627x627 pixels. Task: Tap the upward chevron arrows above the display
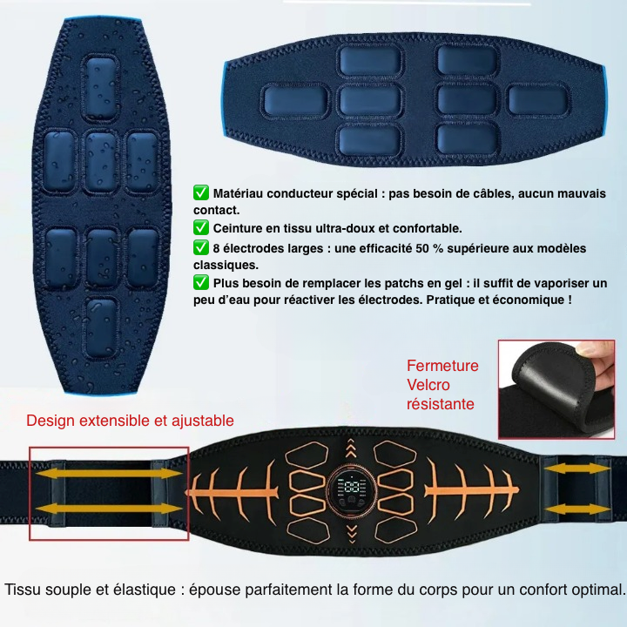pyautogui.click(x=351, y=448)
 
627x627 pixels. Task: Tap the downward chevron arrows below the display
pyautogui.click(x=352, y=534)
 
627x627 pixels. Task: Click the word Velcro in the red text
pyautogui.click(x=428, y=385)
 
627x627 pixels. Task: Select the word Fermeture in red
pyautogui.click(x=442, y=366)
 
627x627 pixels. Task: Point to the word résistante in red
pyautogui.click(x=441, y=404)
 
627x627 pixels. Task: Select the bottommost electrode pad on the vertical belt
pyautogui.click(x=101, y=327)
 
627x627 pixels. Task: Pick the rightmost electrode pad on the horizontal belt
pyautogui.click(x=539, y=100)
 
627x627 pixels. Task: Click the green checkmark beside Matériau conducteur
pyautogui.click(x=201, y=192)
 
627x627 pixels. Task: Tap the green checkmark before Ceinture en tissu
pyautogui.click(x=201, y=227)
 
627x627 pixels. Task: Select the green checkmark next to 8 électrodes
pyautogui.click(x=201, y=247)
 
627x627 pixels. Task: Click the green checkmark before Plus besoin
pyautogui.click(x=201, y=282)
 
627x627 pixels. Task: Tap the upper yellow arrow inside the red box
pyautogui.click(x=109, y=474)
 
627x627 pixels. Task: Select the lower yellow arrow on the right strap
pyautogui.click(x=578, y=509)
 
